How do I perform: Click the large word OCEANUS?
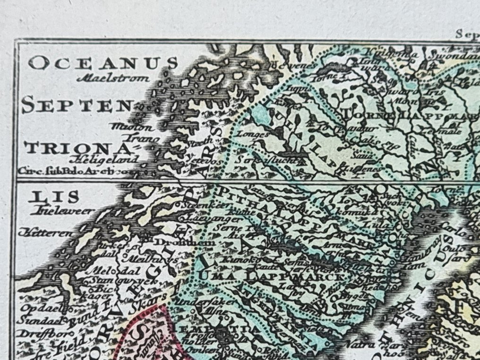103,63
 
